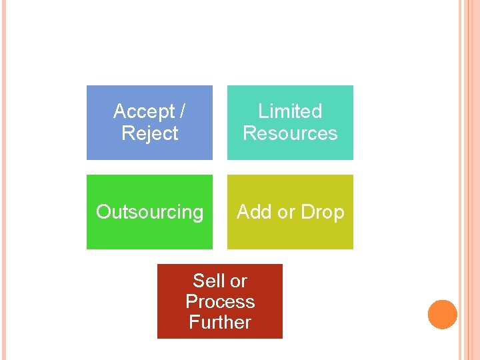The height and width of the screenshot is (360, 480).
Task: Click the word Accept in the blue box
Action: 144,111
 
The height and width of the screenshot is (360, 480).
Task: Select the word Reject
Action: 150,133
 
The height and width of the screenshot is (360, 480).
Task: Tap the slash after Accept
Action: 183,111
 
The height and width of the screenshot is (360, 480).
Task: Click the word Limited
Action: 290,111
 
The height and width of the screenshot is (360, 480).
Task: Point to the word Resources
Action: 290,133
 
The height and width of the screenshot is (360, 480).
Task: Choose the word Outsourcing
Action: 150,212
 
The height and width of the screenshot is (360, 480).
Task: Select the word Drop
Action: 322,212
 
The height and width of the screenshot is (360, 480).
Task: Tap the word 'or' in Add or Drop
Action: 286,212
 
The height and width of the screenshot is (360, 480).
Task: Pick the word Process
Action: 220,301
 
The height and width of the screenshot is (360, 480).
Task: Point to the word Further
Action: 220,322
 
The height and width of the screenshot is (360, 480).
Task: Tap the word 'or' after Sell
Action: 239,281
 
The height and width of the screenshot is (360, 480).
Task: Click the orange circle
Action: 443,315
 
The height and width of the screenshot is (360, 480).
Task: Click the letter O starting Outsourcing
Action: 103,212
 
